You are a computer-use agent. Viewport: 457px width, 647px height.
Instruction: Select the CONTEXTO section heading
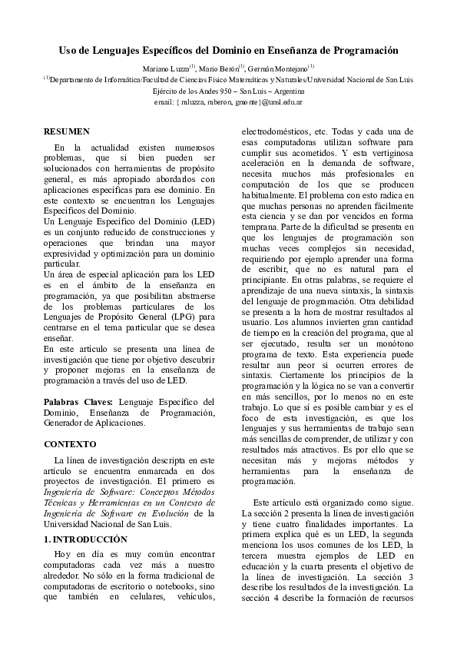pyautogui.click(x=70, y=444)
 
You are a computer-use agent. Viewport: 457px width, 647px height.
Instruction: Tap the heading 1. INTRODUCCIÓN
pyautogui.click(x=85, y=539)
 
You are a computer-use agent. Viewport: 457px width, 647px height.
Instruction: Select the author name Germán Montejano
pyautogui.click(x=280, y=69)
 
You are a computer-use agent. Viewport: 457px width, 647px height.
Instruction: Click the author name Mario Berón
pyautogui.click(x=220, y=69)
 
